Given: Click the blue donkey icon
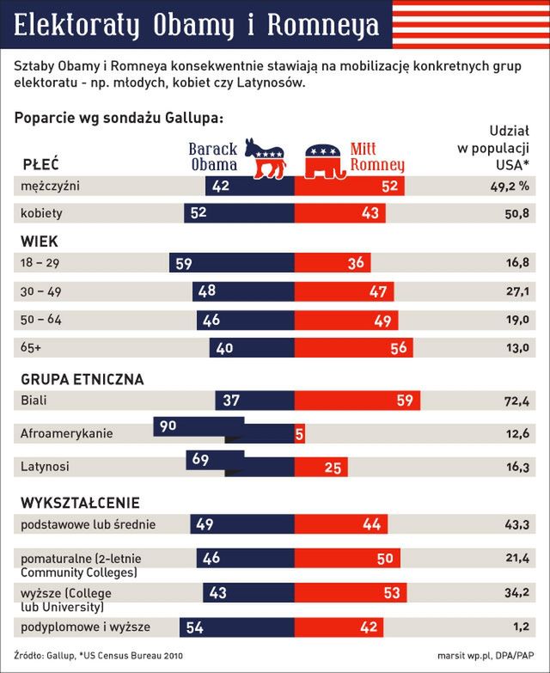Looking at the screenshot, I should coord(264,157).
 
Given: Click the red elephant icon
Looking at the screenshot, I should coord(327,159).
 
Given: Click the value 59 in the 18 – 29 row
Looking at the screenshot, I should coord(184,264).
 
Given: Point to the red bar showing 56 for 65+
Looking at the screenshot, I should coord(353,347).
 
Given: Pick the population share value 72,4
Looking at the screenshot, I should coord(516,401).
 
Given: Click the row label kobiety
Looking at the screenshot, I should coord(42,213).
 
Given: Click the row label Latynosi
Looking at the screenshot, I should coord(45,467).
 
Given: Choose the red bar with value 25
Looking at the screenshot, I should coord(321,468).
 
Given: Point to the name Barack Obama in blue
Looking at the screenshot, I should coord(212,156).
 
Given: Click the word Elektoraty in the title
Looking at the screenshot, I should coord(81,26).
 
